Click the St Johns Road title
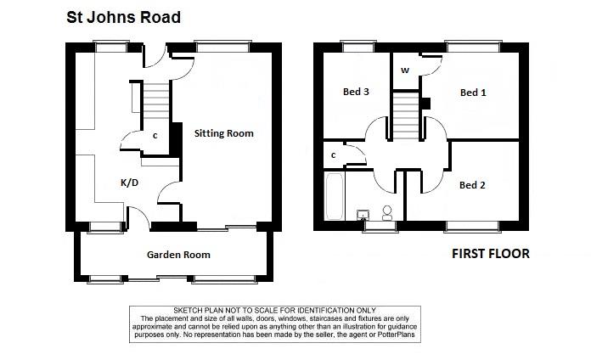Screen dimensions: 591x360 pyautogui.click(x=124, y=17)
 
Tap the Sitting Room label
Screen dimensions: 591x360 pyautogui.click(x=224, y=133)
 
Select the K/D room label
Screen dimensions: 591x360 pyautogui.click(x=129, y=183)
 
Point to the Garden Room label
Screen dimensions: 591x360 pyautogui.click(x=178, y=255)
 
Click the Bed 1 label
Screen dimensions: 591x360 pyautogui.click(x=473, y=93)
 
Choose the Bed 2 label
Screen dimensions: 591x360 pyautogui.click(x=472, y=185)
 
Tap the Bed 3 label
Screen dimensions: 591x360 pyautogui.click(x=356, y=92)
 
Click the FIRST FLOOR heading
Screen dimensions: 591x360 pyautogui.click(x=491, y=254)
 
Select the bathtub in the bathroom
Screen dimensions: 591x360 pyautogui.click(x=335, y=196)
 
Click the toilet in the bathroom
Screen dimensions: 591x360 pyautogui.click(x=387, y=213)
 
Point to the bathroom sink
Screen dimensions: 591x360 pyautogui.click(x=363, y=215)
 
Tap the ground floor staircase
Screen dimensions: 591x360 pyautogui.click(x=155, y=101)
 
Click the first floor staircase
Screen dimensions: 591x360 pyautogui.click(x=406, y=115)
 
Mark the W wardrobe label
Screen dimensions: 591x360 pyautogui.click(x=405, y=70)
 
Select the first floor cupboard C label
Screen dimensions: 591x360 pyautogui.click(x=334, y=155)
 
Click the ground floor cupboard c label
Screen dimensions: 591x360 pyautogui.click(x=155, y=136)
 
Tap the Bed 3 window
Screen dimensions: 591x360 pyautogui.click(x=358, y=47)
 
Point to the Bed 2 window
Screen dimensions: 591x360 pyautogui.click(x=473, y=226)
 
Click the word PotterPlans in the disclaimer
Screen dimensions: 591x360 pyautogui.click(x=397, y=335)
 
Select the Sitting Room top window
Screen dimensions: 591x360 pyautogui.click(x=222, y=47)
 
